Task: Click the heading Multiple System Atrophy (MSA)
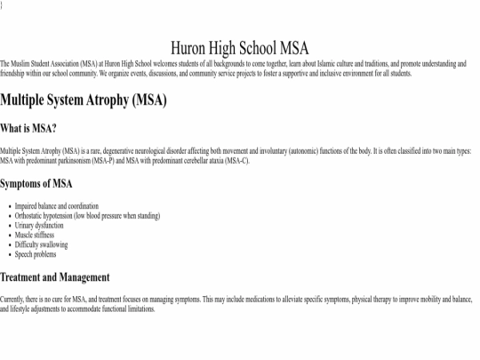coord(84,100)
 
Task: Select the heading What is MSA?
coord(28,128)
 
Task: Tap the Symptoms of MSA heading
coord(36,184)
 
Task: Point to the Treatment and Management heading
coord(55,277)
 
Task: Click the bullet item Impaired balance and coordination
coord(57,206)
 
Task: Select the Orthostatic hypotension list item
coord(87,216)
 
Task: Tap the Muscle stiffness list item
coord(36,236)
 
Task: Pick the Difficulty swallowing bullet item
coord(41,244)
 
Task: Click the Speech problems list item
coord(36,254)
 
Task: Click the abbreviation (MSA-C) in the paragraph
coord(237,161)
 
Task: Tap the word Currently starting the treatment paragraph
coord(12,300)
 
